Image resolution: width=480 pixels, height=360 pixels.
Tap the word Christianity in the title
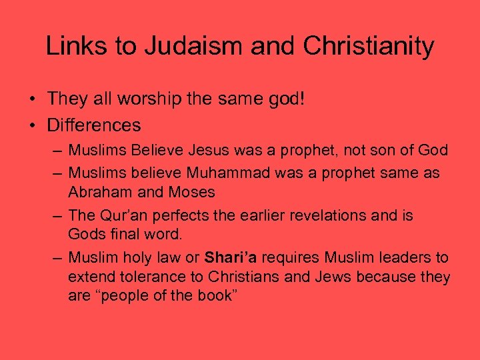(369, 46)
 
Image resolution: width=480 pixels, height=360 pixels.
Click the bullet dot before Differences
(32, 125)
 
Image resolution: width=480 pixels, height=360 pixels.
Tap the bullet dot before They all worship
(32, 100)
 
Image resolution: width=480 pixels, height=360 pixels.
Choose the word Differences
(94, 125)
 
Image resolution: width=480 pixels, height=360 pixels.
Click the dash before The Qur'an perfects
(58, 216)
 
